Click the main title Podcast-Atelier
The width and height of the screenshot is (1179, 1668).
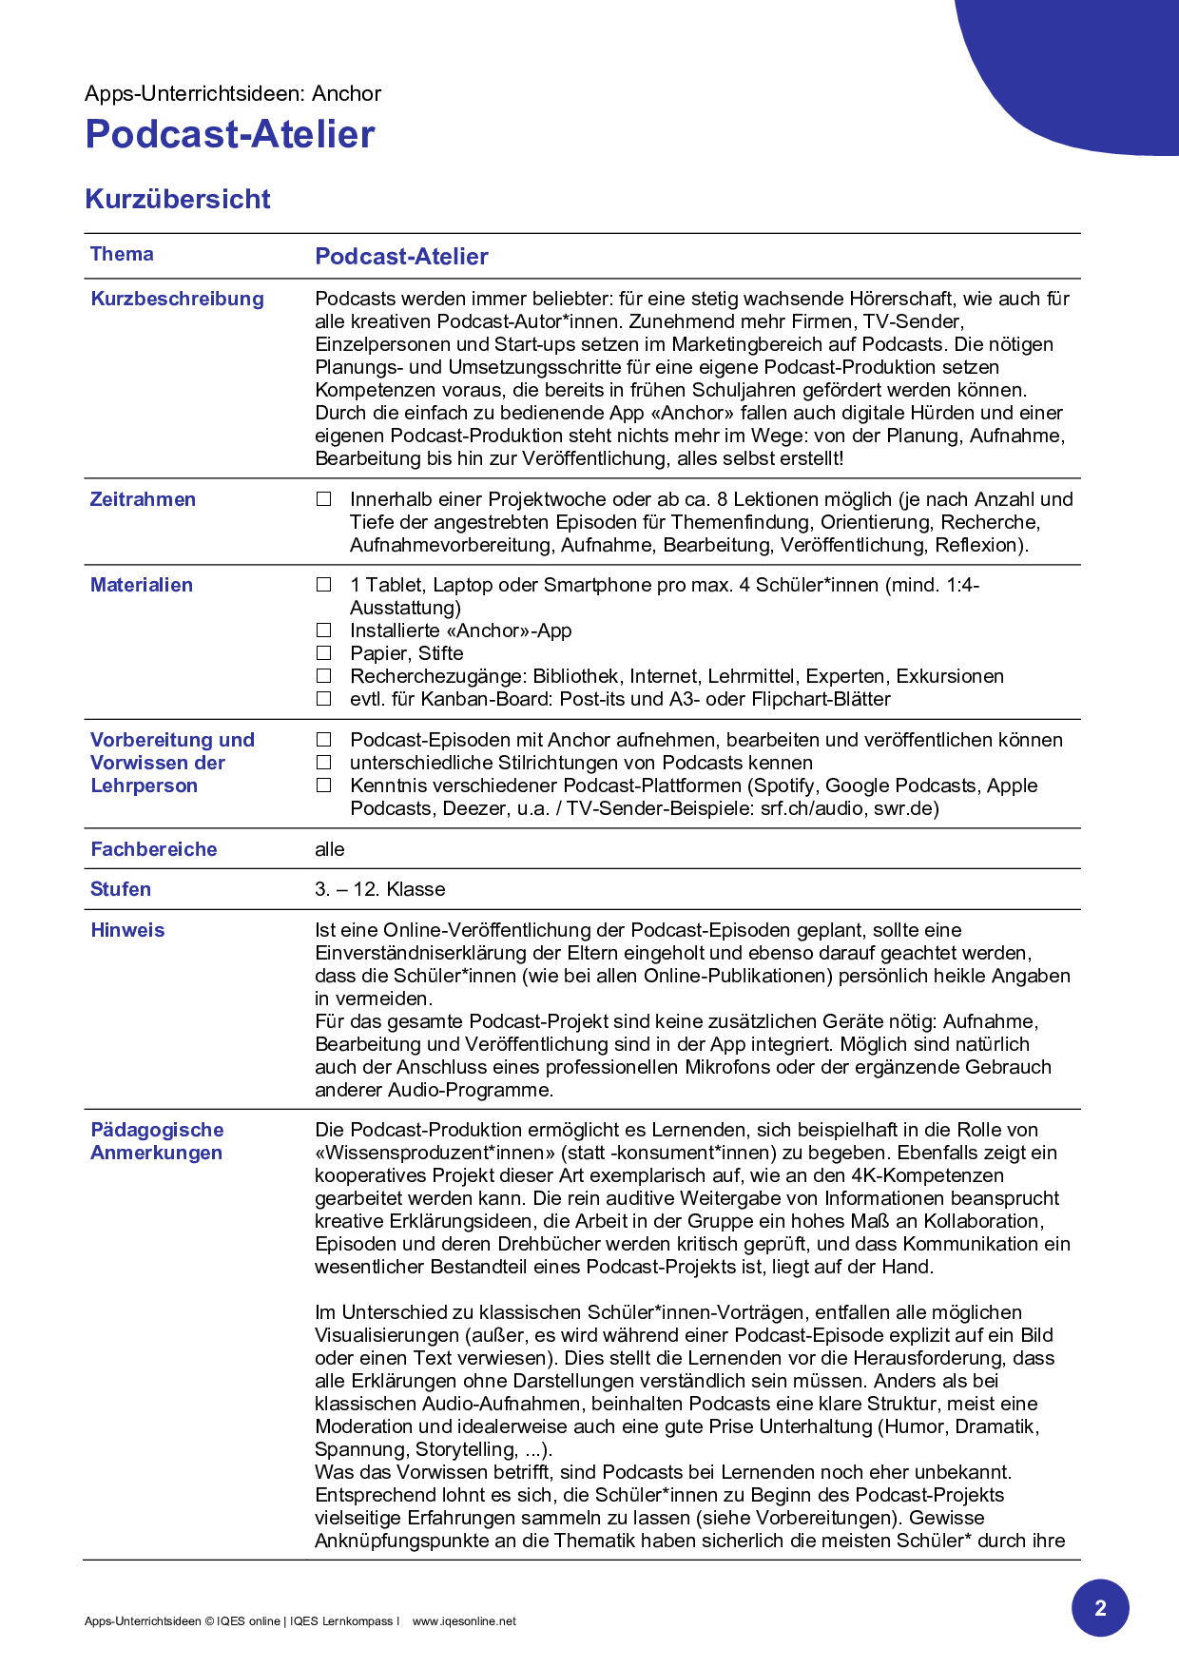[x=229, y=134]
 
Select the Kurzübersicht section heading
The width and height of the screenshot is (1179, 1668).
[x=178, y=199]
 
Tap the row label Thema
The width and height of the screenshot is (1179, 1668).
[x=122, y=254]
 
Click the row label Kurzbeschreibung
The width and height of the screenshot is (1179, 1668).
[x=177, y=299]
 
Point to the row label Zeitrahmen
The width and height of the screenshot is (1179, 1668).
[x=143, y=499]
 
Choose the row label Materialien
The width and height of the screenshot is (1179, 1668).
[x=141, y=585]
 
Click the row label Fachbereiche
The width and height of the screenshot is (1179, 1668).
[x=153, y=849]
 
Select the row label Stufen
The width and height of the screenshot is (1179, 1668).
[x=120, y=889]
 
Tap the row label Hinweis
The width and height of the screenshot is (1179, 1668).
[x=127, y=930]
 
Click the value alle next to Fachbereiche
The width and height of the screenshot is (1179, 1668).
[x=330, y=849]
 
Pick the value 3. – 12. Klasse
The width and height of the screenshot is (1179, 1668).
[x=380, y=889]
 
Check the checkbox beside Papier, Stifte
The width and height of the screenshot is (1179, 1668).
[x=324, y=653]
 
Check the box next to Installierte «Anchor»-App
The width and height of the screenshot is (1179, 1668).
[x=324, y=630]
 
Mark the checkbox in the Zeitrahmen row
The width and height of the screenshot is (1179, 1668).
[x=324, y=499]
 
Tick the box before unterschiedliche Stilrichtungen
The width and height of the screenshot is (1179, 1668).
[x=324, y=763]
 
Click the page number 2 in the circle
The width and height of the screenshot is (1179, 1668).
[x=1100, y=1608]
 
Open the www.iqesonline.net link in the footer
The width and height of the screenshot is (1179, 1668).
[x=464, y=1621]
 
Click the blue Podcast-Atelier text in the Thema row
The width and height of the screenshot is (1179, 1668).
[x=401, y=257]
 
